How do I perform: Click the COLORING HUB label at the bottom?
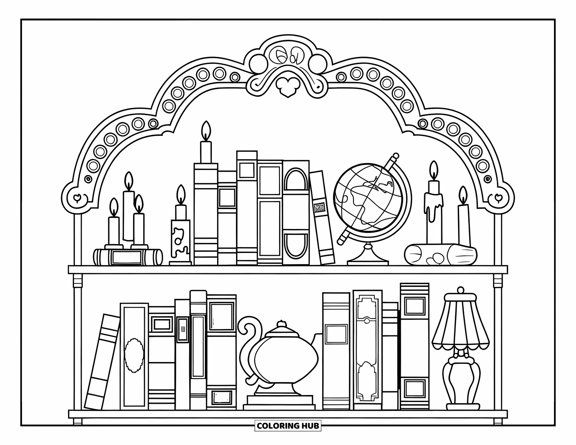tap(288, 425)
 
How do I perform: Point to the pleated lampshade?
tap(460, 325)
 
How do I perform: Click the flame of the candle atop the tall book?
tap(206, 131)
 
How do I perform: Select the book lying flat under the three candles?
tap(128, 257)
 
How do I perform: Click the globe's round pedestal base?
tap(368, 257)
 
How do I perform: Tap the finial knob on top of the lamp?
tap(460, 290)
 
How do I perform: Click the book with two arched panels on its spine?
tap(296, 213)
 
